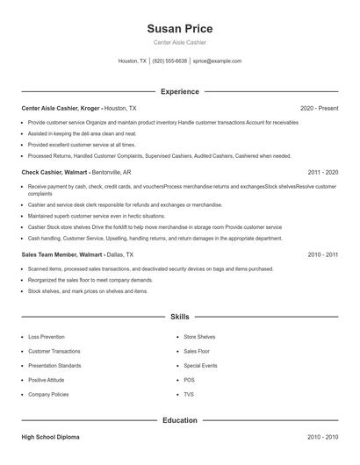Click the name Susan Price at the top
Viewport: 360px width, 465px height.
point(180,29)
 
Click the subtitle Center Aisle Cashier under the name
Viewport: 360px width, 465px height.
point(180,42)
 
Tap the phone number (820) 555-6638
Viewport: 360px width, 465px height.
point(169,61)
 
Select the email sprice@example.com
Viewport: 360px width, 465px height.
point(217,61)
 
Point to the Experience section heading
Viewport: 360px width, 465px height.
point(180,91)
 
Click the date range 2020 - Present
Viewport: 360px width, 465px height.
point(319,108)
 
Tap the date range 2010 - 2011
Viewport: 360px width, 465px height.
point(323,254)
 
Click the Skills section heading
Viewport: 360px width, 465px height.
point(180,316)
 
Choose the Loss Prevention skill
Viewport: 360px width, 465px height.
point(46,337)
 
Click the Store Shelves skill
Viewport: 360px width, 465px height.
point(199,337)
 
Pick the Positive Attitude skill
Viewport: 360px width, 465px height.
point(48,380)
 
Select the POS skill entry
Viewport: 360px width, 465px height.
point(189,380)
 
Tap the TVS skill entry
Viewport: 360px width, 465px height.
point(189,395)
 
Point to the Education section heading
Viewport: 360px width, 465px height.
point(180,420)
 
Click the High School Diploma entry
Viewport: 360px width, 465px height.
point(52,436)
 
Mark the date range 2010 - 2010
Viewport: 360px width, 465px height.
point(323,436)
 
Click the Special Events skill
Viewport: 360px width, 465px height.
point(200,366)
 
